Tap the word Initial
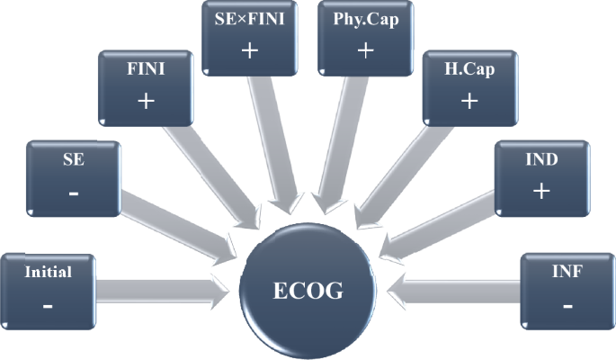[48, 271]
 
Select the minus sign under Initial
[47, 307]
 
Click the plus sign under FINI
[147, 100]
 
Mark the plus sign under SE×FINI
[249, 50]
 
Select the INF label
[567, 271]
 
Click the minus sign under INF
[567, 306]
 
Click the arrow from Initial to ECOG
[162, 290]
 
